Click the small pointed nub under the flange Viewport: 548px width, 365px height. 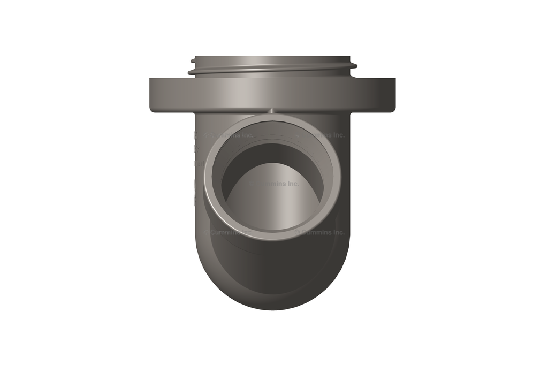pos(272,111)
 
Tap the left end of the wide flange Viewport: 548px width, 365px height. pos(152,95)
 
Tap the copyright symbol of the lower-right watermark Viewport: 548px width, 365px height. pos(297,232)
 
